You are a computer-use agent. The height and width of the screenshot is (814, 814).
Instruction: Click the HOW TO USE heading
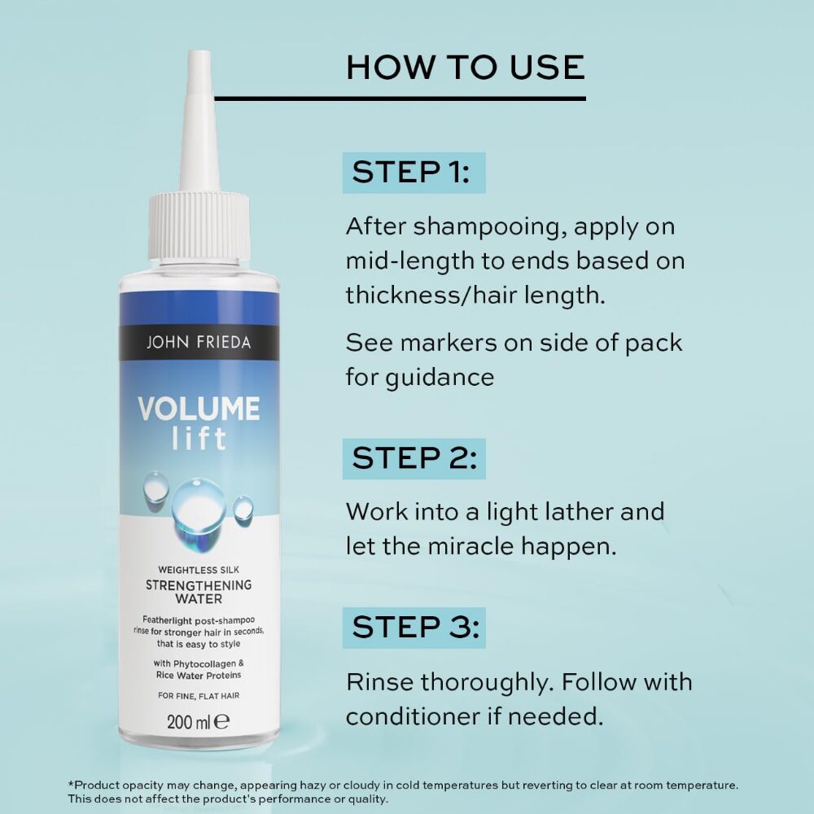coord(466,67)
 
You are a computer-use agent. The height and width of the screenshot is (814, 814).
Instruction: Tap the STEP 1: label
coord(410,173)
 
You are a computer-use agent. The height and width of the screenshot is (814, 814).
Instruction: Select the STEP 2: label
coord(414,458)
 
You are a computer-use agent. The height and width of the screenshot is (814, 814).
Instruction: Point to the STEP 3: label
coord(415,627)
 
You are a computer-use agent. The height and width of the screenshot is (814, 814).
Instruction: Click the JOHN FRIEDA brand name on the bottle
coord(199,342)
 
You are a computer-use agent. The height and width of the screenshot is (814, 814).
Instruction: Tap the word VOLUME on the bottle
coord(199,409)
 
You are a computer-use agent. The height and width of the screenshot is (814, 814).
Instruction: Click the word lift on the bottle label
coord(199,439)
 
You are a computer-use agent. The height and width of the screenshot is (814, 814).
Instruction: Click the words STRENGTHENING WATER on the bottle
coord(199,592)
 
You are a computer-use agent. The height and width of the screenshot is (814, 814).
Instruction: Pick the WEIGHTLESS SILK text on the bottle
coord(199,570)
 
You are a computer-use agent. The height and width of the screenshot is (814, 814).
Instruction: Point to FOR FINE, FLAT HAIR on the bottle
coord(199,696)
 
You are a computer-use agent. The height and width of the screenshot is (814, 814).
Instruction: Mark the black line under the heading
coord(400,98)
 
